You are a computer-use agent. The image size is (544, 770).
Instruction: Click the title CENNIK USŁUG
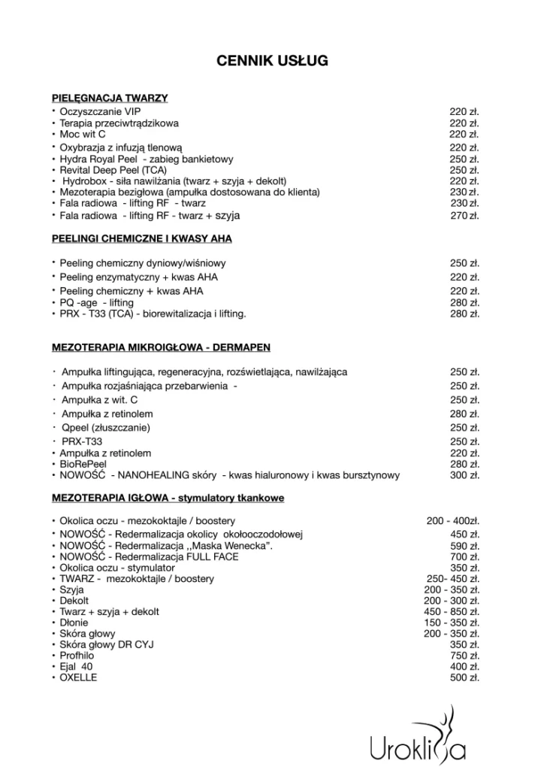(272, 61)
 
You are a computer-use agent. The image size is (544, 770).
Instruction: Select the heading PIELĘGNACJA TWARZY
(110, 99)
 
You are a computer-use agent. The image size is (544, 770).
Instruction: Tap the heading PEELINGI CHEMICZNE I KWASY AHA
(142, 238)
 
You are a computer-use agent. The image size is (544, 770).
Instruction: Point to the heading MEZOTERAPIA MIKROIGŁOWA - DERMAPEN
(161, 347)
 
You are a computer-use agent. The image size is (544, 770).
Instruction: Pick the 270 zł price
(464, 217)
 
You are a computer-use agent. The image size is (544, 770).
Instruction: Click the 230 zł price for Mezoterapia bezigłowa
(464, 192)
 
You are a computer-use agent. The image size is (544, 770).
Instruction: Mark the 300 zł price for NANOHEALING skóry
(464, 475)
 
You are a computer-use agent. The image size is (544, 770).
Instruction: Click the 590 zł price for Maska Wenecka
(464, 546)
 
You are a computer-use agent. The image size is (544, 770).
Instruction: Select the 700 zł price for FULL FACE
(464, 557)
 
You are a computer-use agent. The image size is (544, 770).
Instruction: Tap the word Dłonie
(74, 623)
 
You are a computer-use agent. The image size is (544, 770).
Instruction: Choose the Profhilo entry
(77, 656)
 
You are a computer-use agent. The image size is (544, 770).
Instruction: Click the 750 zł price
(464, 656)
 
